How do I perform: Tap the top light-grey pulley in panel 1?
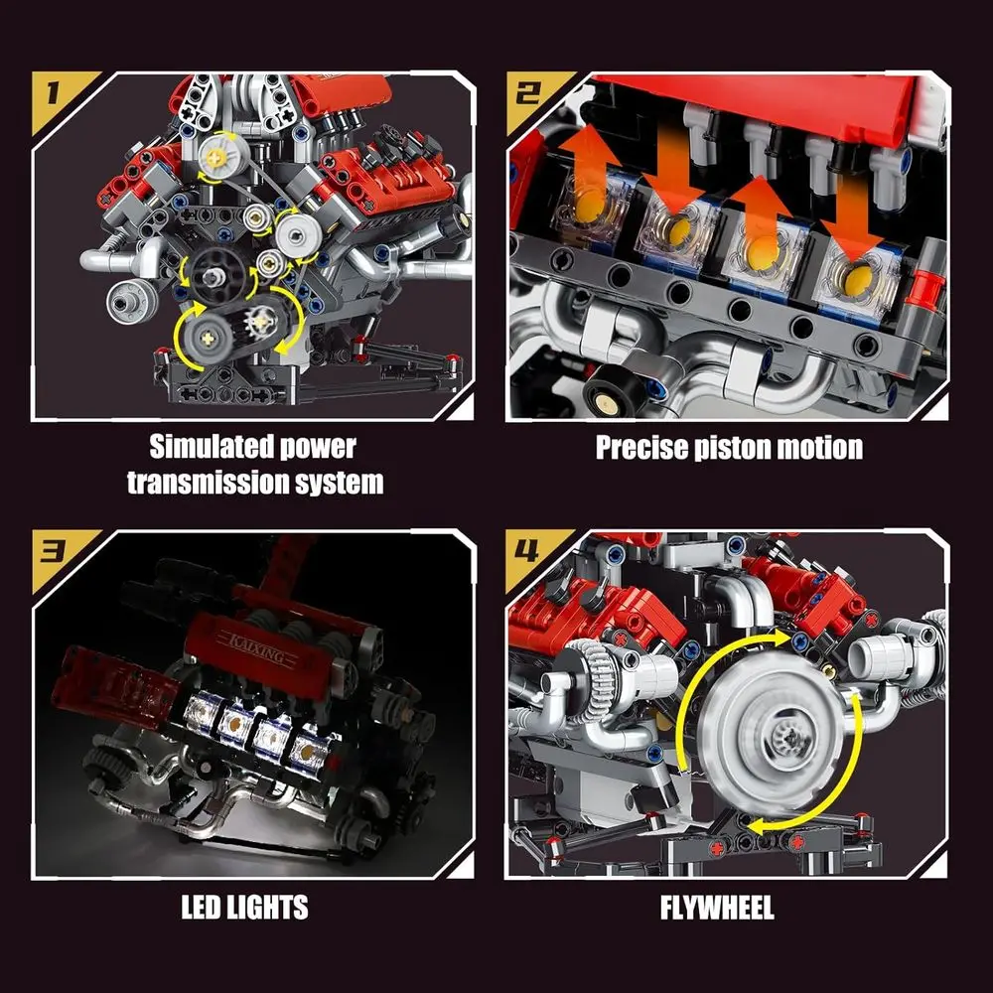(218, 154)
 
